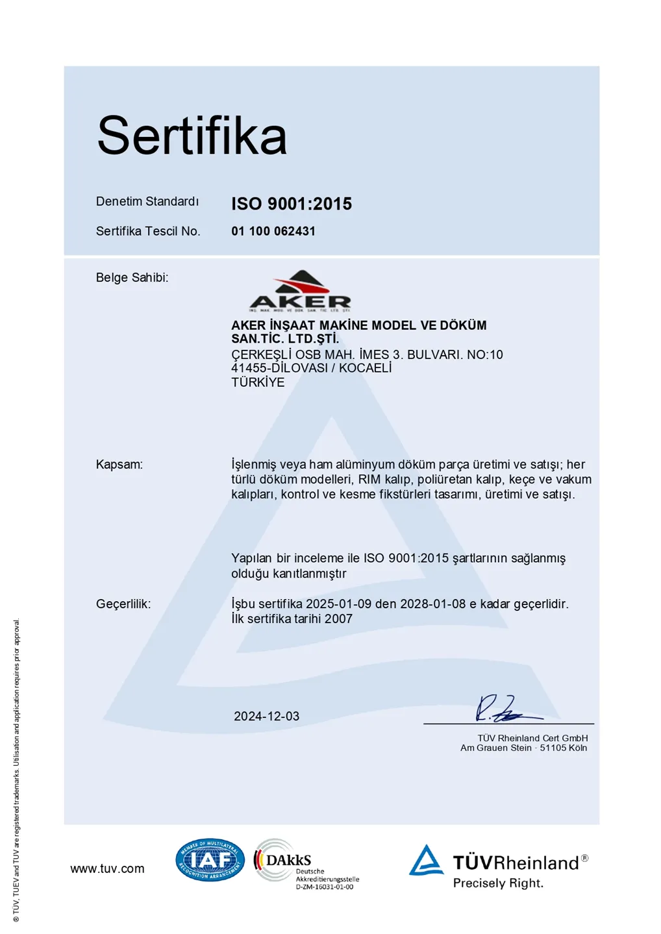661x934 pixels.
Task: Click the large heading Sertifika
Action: [192, 136]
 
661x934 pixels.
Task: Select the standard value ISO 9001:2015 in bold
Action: [292, 204]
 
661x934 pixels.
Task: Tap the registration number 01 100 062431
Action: [273, 231]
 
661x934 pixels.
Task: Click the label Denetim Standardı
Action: [147, 202]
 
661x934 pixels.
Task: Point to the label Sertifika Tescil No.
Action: [148, 231]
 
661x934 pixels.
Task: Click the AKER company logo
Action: [300, 291]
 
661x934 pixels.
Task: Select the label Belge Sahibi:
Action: [132, 278]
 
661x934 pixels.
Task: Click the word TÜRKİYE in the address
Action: [258, 382]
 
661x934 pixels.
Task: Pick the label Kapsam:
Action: [119, 465]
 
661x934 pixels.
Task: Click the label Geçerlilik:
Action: [123, 604]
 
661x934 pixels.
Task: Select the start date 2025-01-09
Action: [339, 604]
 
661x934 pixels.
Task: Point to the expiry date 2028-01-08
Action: [432, 604]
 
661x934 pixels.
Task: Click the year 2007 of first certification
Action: [338, 619]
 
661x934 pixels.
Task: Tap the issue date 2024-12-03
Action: [267, 717]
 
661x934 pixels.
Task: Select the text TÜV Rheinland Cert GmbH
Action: [532, 738]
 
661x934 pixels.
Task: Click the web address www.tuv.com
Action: [107, 869]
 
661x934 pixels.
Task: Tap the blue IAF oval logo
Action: [210, 860]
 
